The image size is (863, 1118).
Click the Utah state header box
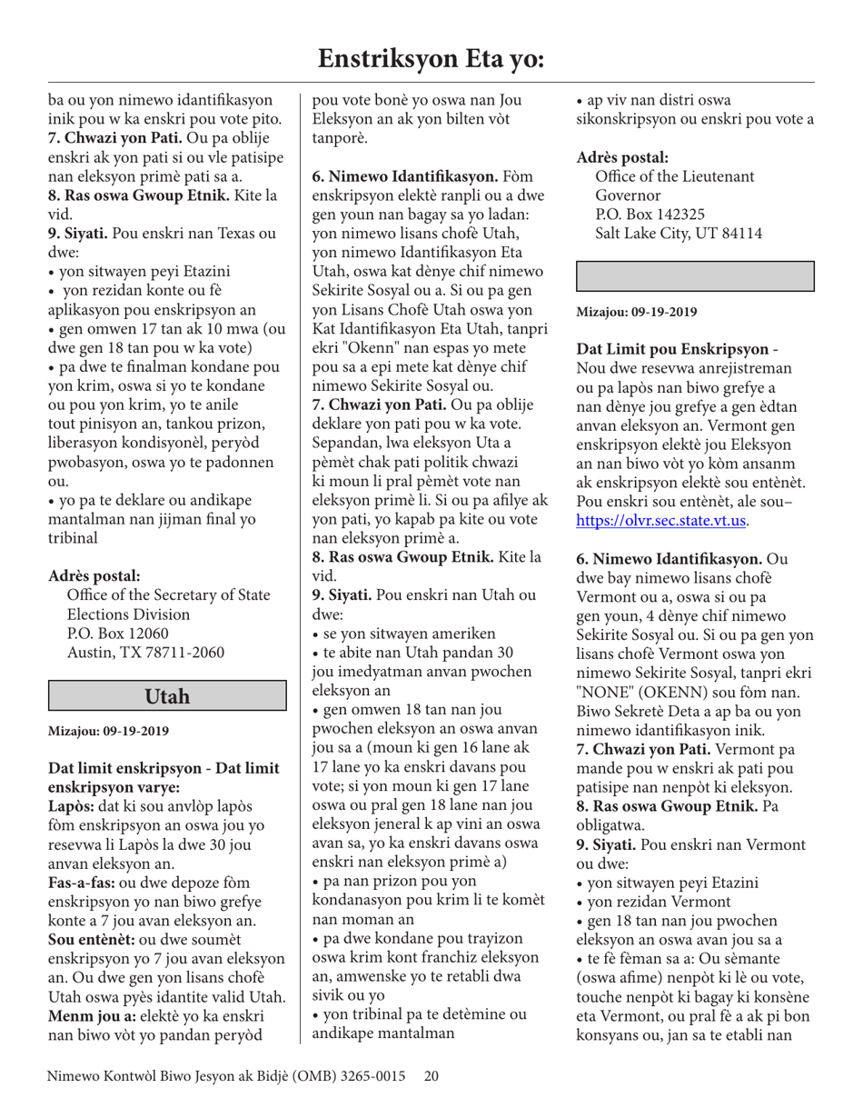pos(168,696)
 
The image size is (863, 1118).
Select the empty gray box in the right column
pos(695,275)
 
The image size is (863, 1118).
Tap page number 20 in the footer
pos(431,1076)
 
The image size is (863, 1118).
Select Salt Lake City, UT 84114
pos(678,234)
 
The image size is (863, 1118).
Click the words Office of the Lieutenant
pos(674,176)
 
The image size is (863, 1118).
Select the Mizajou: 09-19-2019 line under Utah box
pos(107,730)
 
